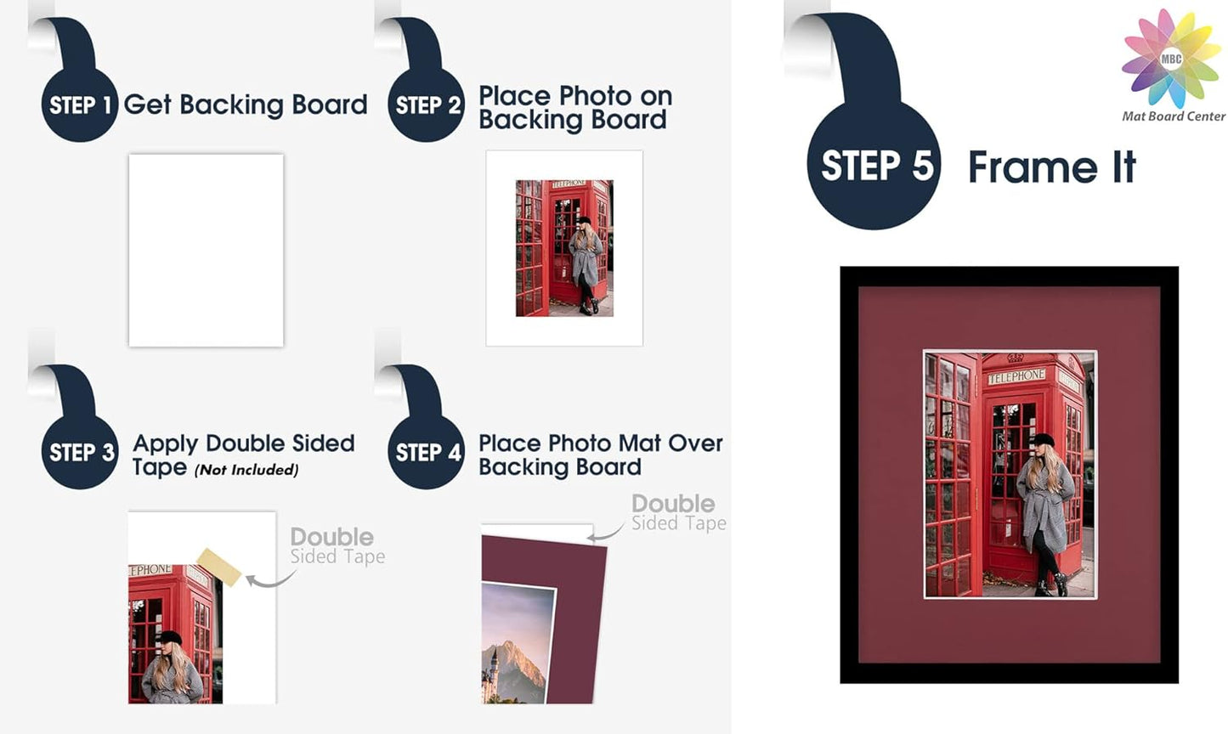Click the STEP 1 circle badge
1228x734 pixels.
tap(80, 104)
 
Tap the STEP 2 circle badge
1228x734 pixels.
tap(427, 104)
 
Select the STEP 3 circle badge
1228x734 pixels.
tap(80, 452)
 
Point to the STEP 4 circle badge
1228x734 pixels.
tap(427, 452)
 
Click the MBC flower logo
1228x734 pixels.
tap(1171, 58)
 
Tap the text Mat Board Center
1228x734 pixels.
tap(1173, 116)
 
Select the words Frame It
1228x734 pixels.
tap(1051, 167)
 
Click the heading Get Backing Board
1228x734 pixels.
tap(245, 104)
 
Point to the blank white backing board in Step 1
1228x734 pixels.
tap(206, 250)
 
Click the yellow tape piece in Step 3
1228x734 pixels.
tap(219, 567)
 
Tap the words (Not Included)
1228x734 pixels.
tap(246, 470)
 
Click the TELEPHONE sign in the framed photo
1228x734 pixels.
tap(1016, 375)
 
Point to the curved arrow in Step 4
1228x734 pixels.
tap(606, 534)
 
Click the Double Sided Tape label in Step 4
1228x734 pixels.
tap(677, 513)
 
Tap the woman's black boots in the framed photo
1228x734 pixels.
tap(1052, 585)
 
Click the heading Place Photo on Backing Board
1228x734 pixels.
tap(574, 108)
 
